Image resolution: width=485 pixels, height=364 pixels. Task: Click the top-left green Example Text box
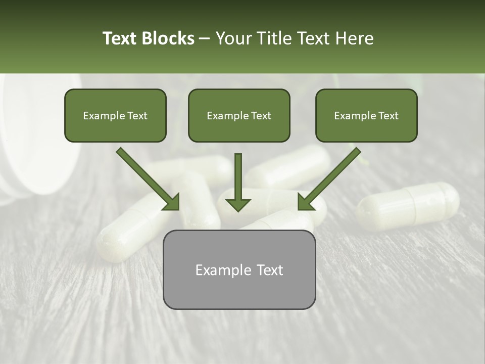click(115, 115)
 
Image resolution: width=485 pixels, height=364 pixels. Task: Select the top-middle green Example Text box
click(239, 115)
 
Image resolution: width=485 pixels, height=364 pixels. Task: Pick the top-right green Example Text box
click(366, 115)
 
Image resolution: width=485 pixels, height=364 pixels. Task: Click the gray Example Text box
click(239, 269)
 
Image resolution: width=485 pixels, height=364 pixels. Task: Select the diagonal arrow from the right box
click(329, 179)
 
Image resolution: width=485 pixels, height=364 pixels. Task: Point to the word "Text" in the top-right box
click(389, 116)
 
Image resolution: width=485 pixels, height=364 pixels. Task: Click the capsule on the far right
click(408, 206)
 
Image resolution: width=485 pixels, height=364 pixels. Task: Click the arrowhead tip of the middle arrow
click(238, 209)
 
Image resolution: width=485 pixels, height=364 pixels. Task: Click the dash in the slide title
click(205, 39)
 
